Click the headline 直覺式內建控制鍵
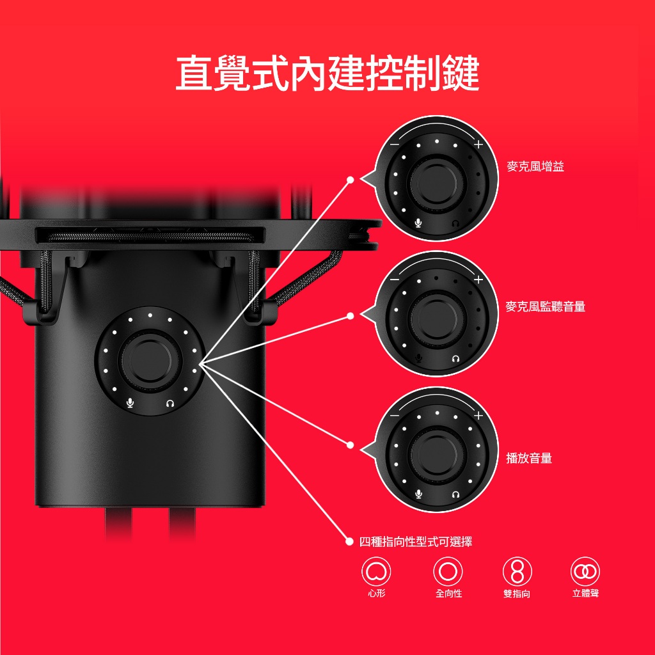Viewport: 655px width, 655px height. pyautogui.click(x=327, y=74)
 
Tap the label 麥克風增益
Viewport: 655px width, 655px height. pyautogui.click(x=535, y=166)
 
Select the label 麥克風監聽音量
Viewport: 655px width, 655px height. pyautogui.click(x=545, y=306)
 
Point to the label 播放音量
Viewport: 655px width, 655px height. pyautogui.click(x=529, y=458)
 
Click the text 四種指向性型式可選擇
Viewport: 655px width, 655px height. pyautogui.click(x=416, y=542)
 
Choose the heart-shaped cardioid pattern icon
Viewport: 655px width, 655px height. pyautogui.click(x=376, y=571)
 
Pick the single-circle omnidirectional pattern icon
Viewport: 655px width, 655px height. pyautogui.click(x=448, y=571)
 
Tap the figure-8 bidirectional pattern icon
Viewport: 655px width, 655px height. pyautogui.click(x=517, y=571)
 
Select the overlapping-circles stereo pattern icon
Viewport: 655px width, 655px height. pyautogui.click(x=585, y=571)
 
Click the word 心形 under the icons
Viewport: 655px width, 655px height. pyautogui.click(x=376, y=593)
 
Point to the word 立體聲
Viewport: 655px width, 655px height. pyautogui.click(x=586, y=593)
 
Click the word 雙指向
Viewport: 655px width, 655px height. pyautogui.click(x=517, y=594)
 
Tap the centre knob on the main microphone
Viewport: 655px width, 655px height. pyautogui.click(x=150, y=360)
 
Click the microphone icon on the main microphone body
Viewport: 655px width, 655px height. pyautogui.click(x=130, y=403)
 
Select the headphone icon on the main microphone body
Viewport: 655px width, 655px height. pyautogui.click(x=170, y=404)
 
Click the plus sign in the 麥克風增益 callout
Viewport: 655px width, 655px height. pyautogui.click(x=478, y=145)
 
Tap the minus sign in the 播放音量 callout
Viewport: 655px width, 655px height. pyautogui.click(x=394, y=416)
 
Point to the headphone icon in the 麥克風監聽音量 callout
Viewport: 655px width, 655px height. pyautogui.click(x=455, y=359)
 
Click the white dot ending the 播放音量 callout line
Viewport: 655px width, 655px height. pyautogui.click(x=350, y=445)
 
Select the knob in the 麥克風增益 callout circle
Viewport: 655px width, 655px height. pyautogui.click(x=437, y=182)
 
